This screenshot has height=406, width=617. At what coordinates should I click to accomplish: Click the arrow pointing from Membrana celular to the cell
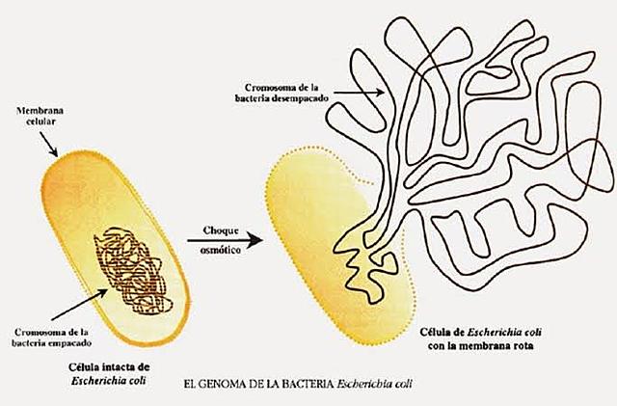pyautogui.click(x=52, y=144)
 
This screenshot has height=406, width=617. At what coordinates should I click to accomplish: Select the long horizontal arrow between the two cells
pyautogui.click(x=231, y=241)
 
